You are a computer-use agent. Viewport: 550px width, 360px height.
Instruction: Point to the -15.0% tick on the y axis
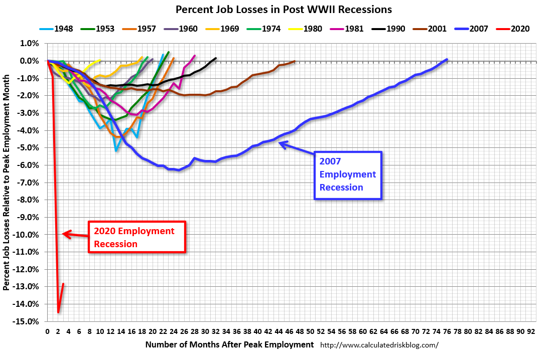28,321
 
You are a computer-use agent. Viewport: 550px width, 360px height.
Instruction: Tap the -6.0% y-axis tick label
29,165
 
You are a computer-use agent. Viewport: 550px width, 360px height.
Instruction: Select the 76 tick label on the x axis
447,331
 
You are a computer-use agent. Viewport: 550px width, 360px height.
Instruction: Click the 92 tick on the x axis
531,331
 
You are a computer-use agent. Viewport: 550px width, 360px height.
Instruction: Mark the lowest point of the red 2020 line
58,312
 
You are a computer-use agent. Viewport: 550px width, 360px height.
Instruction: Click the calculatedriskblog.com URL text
379,345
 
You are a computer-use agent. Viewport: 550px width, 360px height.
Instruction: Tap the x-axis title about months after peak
229,344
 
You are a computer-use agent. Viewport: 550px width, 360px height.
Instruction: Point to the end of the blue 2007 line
447,60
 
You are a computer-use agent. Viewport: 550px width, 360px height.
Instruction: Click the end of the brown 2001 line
294,61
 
